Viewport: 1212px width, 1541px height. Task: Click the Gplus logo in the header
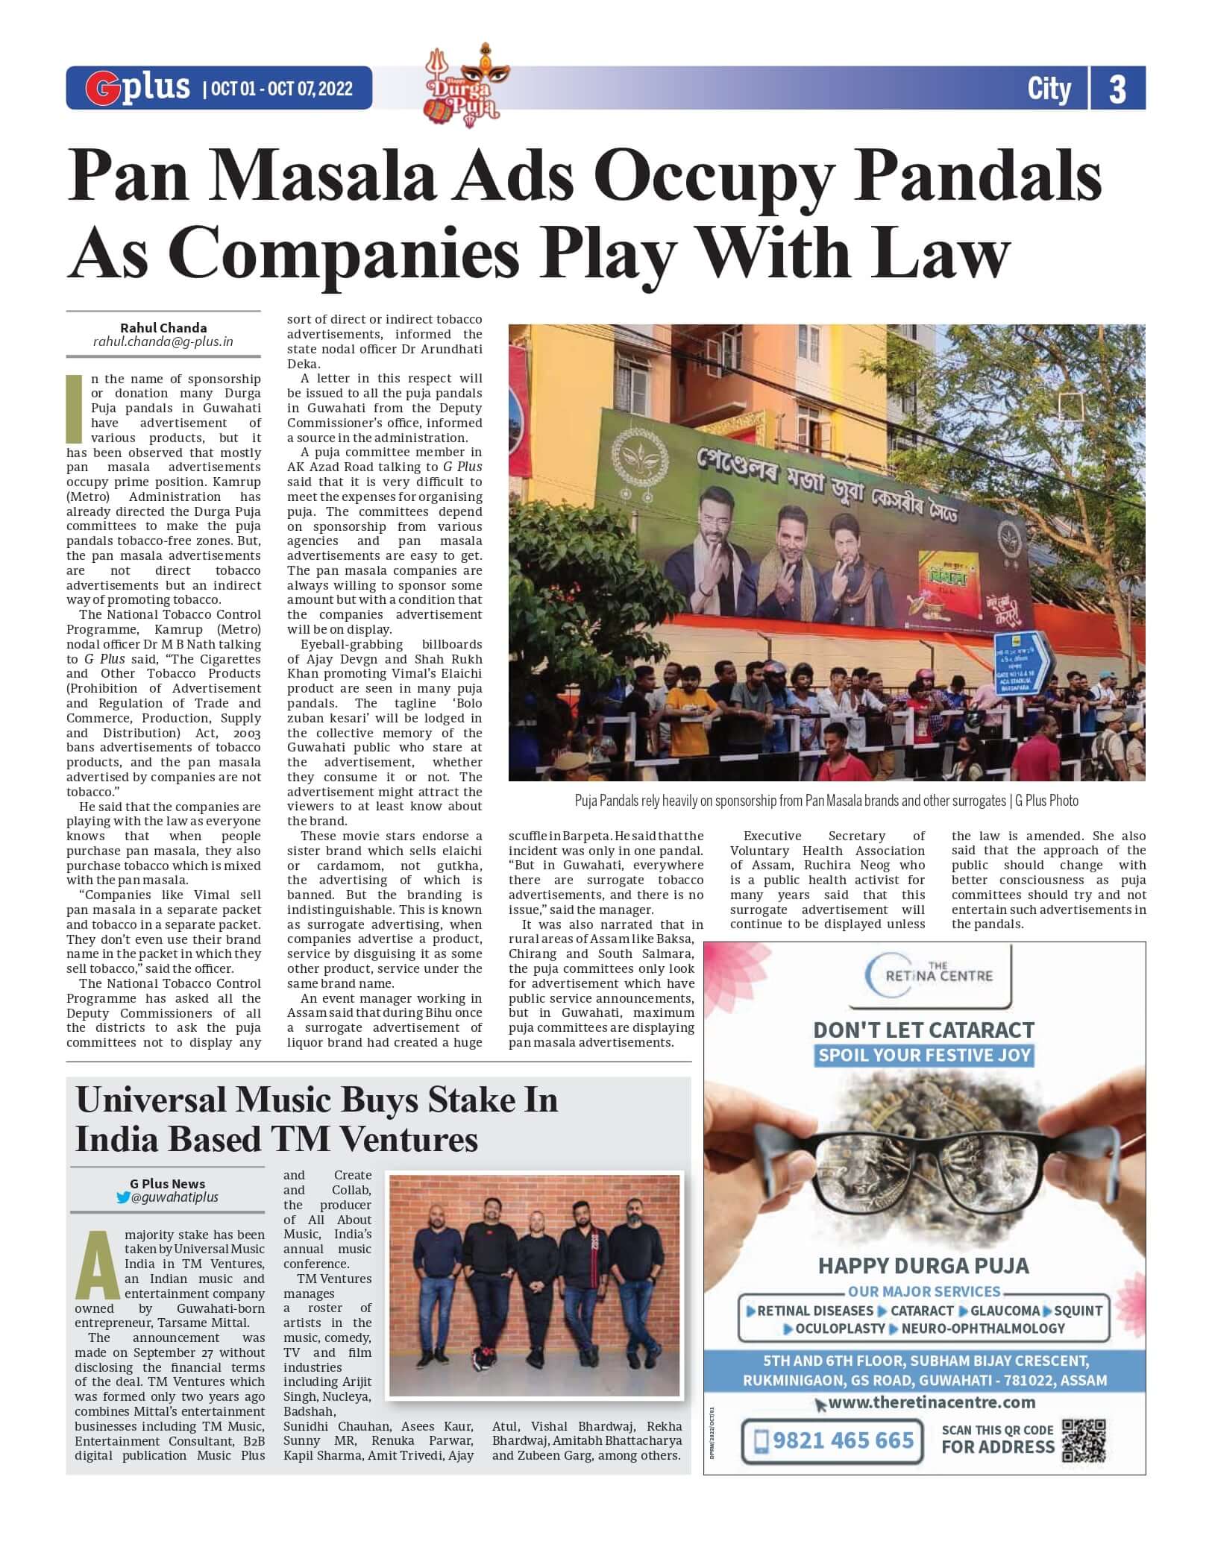point(138,87)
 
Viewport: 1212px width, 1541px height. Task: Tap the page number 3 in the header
point(1117,89)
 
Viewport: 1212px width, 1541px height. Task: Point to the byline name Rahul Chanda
point(163,327)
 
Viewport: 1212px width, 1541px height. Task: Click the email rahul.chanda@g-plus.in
point(163,342)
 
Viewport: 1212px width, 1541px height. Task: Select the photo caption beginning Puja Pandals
point(826,801)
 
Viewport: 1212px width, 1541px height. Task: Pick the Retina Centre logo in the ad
point(929,974)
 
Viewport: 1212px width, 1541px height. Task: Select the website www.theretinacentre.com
point(924,1402)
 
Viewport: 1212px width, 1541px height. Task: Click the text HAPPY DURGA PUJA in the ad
point(923,1265)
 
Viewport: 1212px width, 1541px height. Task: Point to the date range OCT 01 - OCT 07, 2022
point(282,89)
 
